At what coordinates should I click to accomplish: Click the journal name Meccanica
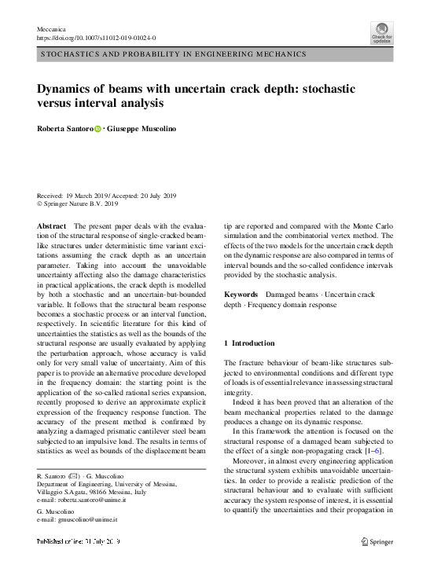pos(52,28)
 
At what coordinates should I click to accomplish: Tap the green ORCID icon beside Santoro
pos(98,127)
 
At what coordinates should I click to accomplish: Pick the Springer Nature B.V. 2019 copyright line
pos(78,204)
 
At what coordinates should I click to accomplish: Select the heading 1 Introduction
pos(250,343)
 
